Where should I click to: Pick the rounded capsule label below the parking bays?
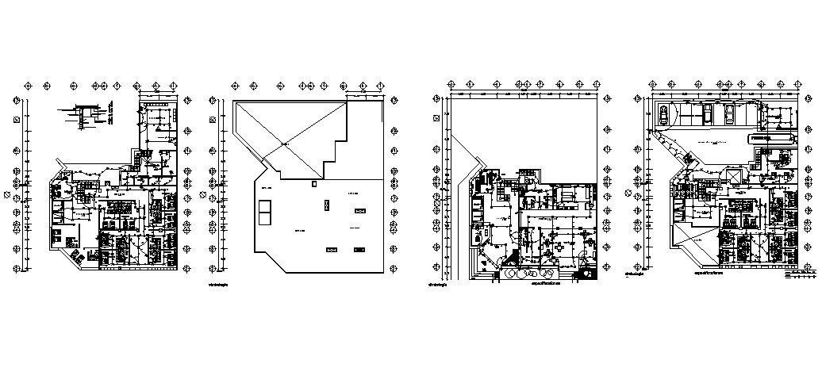tap(772, 137)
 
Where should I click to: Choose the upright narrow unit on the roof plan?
tap(325, 205)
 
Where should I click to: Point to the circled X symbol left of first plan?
tap(7, 193)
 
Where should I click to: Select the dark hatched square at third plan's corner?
tap(588, 274)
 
